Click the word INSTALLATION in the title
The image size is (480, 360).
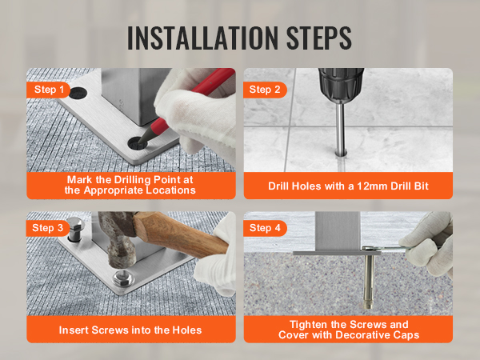pyautogui.click(x=202, y=38)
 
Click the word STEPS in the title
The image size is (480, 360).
pyautogui.click(x=319, y=38)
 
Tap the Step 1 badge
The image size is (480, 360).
pyautogui.click(x=48, y=90)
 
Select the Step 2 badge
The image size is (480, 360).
pyautogui.click(x=265, y=90)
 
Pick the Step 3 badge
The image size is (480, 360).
pyautogui.click(x=47, y=228)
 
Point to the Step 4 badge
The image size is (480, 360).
pyautogui.click(x=265, y=228)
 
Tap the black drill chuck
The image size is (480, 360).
pyautogui.click(x=341, y=85)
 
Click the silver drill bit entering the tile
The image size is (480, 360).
pyautogui.click(x=341, y=129)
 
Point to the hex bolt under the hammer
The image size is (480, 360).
pyautogui.click(x=123, y=278)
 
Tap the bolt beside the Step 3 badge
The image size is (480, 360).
pyautogui.click(x=76, y=229)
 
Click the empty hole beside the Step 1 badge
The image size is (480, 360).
pyautogui.click(x=78, y=93)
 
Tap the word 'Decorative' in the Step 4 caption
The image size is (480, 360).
pyautogui.click(x=362, y=335)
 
